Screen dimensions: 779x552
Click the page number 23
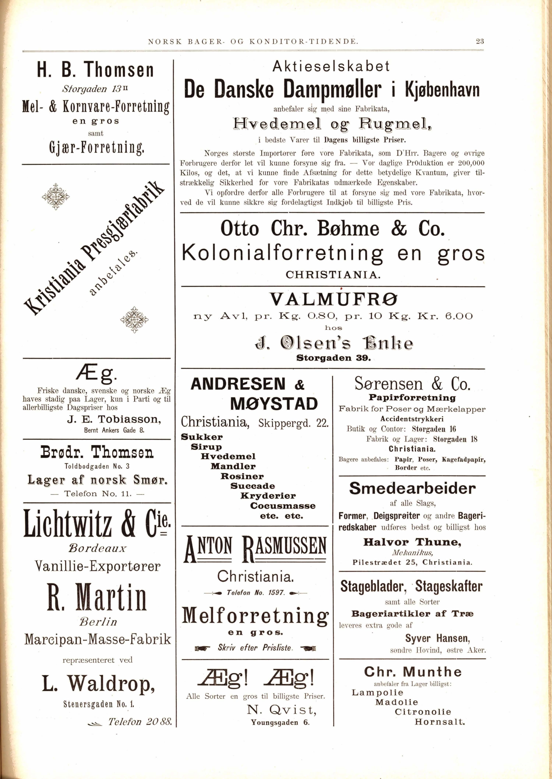coord(480,41)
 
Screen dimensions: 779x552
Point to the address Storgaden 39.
coord(334,358)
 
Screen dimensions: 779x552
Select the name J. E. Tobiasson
coord(114,420)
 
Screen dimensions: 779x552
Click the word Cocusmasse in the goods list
coord(283,506)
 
